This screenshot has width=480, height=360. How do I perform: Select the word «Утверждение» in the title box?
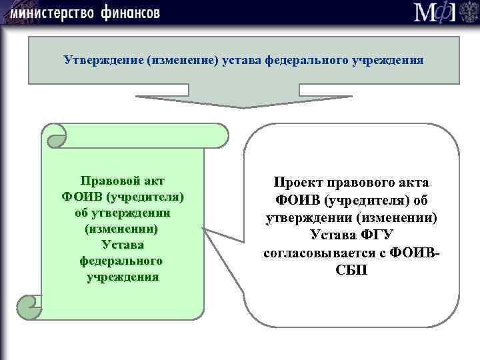(98, 60)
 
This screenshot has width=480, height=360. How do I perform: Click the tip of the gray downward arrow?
(244, 106)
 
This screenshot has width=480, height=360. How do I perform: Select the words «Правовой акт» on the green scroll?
(122, 181)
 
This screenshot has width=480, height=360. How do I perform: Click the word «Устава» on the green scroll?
(122, 245)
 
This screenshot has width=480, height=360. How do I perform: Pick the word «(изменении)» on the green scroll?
(122, 229)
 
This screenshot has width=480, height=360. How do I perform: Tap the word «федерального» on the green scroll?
(122, 261)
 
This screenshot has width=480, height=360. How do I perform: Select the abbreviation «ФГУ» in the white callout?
(378, 235)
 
